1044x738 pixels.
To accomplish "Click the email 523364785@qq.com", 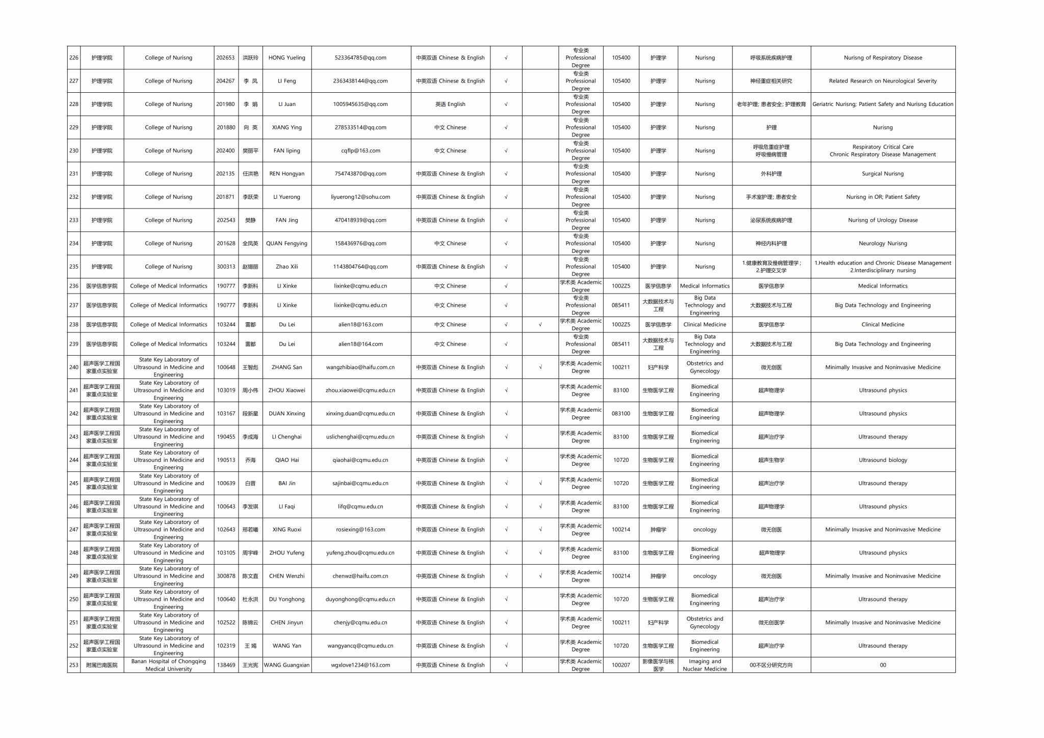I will pyautogui.click(x=360, y=58).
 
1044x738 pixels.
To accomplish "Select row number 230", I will pyautogui.click(x=74, y=151).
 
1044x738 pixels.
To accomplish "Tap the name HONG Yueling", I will pyautogui.click(x=286, y=58).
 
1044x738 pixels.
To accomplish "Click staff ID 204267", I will pyautogui.click(x=225, y=81).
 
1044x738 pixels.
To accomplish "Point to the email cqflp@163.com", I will pyautogui.click(x=360, y=151).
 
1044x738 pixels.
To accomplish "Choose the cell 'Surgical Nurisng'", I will pyautogui.click(x=882, y=174).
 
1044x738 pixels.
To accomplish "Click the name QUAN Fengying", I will pyautogui.click(x=286, y=244).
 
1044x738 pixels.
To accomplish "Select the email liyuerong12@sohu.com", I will pyautogui.click(x=360, y=197).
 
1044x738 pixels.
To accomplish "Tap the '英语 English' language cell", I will pyautogui.click(x=450, y=104).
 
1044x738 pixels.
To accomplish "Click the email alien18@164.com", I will pyautogui.click(x=360, y=344).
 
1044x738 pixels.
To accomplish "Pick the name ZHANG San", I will pyautogui.click(x=286, y=367).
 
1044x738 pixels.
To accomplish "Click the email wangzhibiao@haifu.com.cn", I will pyautogui.click(x=360, y=367).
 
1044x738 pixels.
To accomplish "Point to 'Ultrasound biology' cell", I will pyautogui.click(x=882, y=460).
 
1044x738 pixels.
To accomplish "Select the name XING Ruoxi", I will pyautogui.click(x=286, y=530).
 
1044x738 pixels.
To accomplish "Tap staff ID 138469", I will pyautogui.click(x=225, y=665).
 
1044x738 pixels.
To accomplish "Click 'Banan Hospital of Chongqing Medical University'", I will pyautogui.click(x=169, y=665).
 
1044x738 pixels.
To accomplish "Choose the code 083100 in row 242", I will pyautogui.click(x=620, y=414).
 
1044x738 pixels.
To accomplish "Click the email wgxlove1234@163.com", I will pyautogui.click(x=360, y=665).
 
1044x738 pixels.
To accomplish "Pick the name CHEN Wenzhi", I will pyautogui.click(x=286, y=576).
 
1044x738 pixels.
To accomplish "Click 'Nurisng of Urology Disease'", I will pyautogui.click(x=882, y=220).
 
